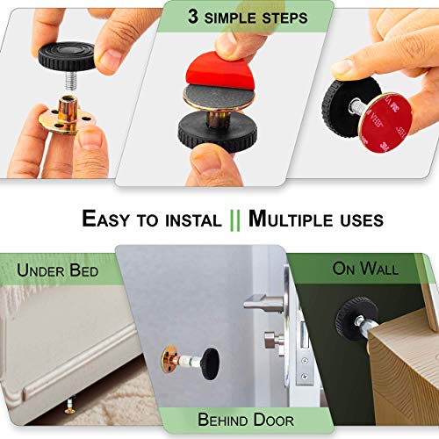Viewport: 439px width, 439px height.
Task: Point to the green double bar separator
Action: (x=235, y=218)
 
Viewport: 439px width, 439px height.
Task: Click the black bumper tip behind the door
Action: (x=210, y=363)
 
